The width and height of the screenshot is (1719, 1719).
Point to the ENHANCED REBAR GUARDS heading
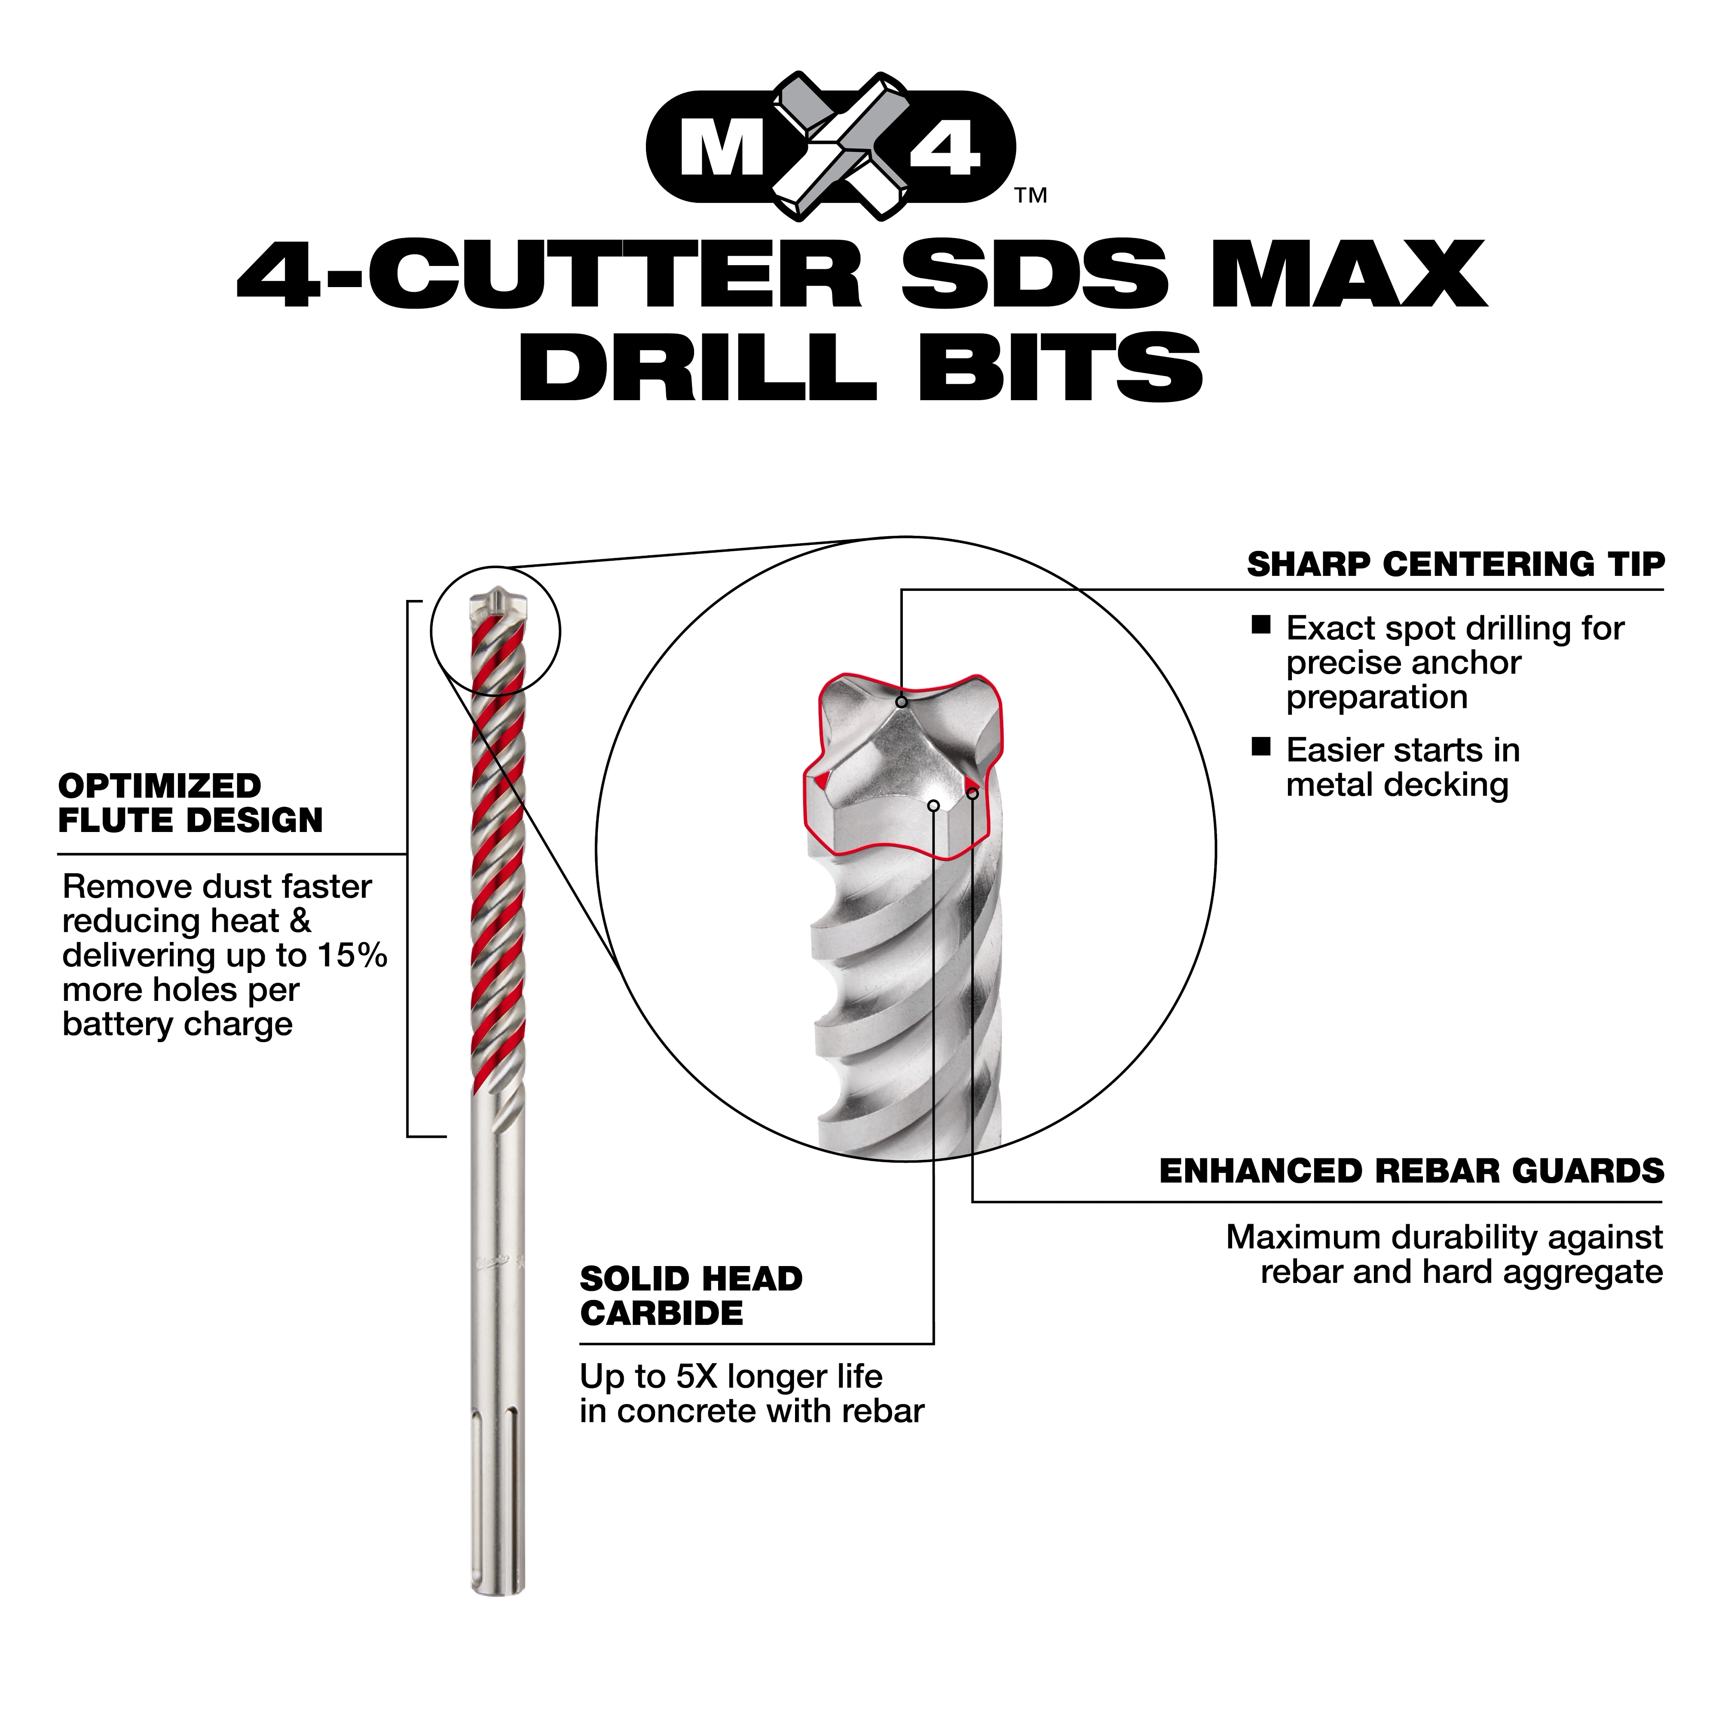(1411, 1171)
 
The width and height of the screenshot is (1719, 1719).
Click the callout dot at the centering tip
(901, 702)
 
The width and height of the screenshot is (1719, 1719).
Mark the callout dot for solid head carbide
(933, 806)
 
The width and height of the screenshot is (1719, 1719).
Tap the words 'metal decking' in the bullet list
(1397, 785)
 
